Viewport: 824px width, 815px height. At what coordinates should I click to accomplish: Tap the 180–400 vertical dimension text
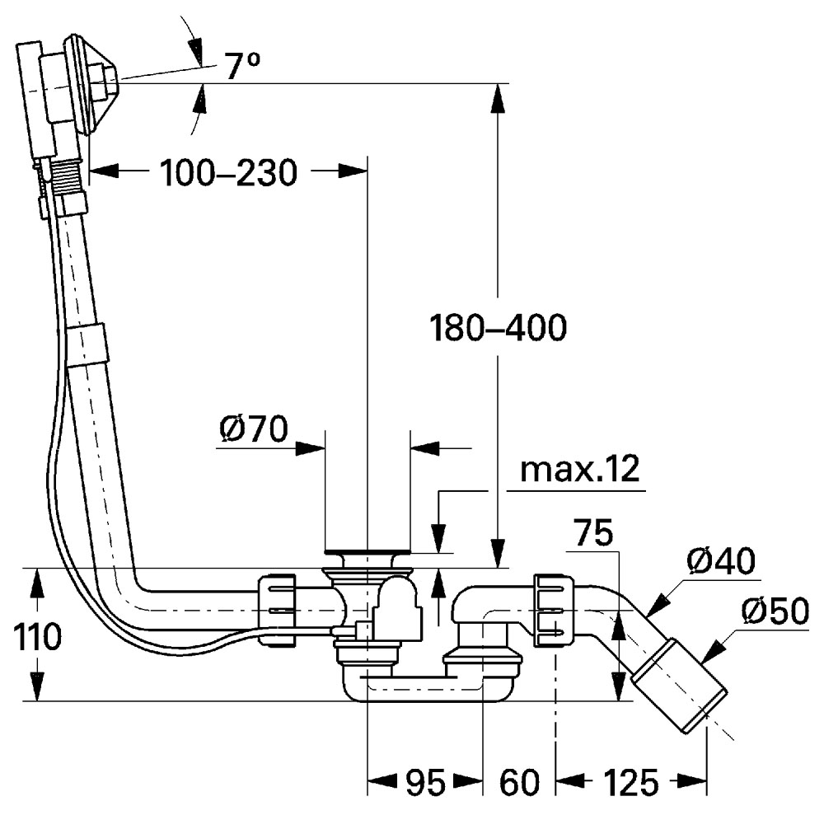(x=499, y=330)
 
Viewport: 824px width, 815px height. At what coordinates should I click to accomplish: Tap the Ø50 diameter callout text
(x=775, y=611)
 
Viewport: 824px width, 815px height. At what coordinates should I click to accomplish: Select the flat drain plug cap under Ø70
(x=367, y=550)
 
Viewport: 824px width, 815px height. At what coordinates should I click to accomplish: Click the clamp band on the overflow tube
(x=88, y=342)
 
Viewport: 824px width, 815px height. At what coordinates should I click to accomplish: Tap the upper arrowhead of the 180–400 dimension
(x=498, y=96)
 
